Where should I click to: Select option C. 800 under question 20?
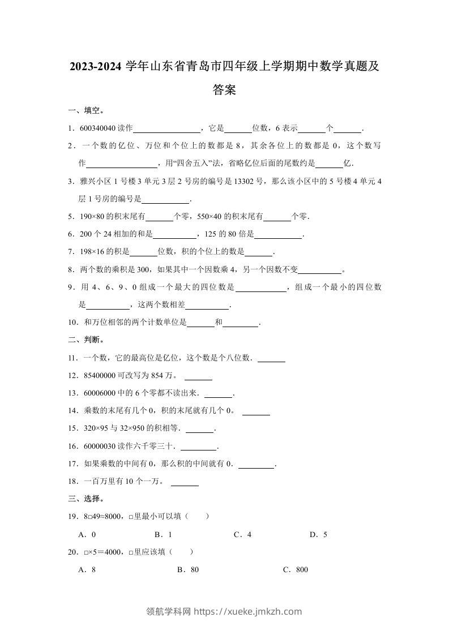[x=296, y=570]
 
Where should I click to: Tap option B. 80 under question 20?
[x=188, y=570]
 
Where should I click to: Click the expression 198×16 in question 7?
[x=96, y=252]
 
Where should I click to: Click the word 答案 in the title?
[x=224, y=89]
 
